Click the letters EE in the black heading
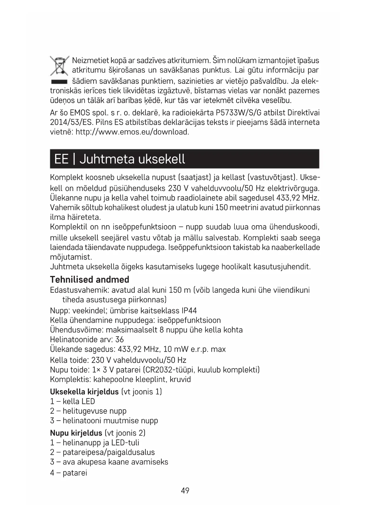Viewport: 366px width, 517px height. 61,159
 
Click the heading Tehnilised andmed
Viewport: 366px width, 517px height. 90,279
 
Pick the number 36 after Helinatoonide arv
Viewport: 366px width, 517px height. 119,340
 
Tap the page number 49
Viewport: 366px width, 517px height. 185,491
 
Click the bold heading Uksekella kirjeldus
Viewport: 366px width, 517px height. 84,392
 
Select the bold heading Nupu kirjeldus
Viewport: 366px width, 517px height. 76,433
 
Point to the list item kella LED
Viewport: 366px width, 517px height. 79,401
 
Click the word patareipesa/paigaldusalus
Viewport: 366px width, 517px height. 109,452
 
